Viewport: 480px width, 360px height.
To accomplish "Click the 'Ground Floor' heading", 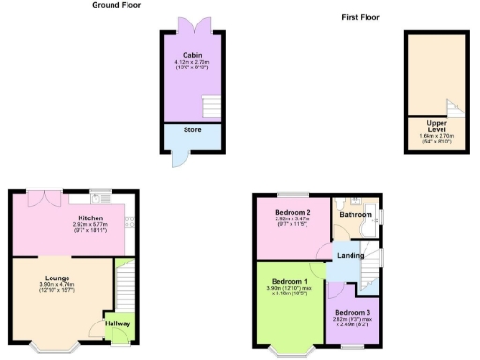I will click(115, 5).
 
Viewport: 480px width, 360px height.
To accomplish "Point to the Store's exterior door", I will click(178, 158).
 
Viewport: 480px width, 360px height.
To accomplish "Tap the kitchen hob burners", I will click(130, 221).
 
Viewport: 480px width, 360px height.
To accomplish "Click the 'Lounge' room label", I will click(57, 277).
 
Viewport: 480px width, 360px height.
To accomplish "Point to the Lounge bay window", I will click(53, 348).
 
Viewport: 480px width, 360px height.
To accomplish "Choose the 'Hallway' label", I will click(118, 323).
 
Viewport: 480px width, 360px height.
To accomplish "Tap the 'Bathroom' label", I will click(356, 214).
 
